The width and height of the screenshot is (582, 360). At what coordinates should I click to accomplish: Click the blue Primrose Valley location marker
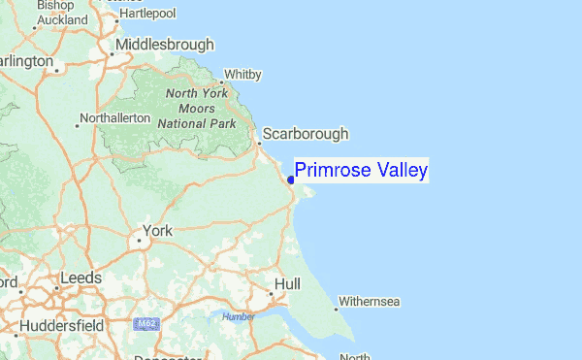click(x=291, y=179)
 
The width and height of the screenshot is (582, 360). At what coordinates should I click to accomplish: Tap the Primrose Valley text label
click(x=361, y=171)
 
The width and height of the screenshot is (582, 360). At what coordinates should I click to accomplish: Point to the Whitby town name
click(x=242, y=74)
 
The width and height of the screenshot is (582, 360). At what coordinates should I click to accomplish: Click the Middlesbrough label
click(x=165, y=45)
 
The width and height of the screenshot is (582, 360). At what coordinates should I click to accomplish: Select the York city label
click(x=157, y=231)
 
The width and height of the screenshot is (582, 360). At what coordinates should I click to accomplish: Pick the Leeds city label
click(x=80, y=278)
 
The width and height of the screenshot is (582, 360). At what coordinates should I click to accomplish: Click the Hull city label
click(x=287, y=283)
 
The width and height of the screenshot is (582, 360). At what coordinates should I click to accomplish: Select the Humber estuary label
click(x=238, y=316)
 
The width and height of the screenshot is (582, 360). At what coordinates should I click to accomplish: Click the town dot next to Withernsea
click(x=337, y=310)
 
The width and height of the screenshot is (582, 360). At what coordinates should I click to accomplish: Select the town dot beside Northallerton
click(x=79, y=124)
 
